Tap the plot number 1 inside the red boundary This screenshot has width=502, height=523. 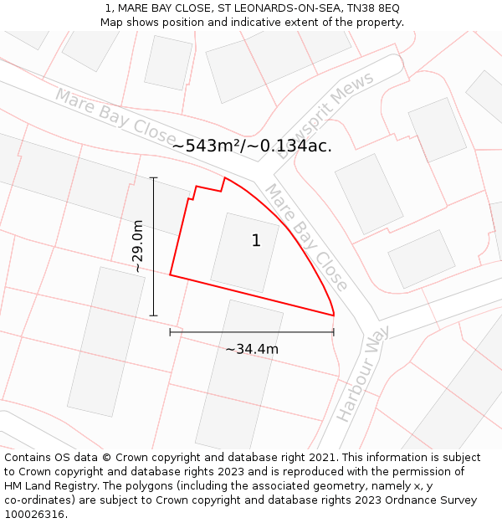pos(256,241)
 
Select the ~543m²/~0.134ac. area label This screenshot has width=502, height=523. pos(252,146)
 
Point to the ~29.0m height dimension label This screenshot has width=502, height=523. pos(138,246)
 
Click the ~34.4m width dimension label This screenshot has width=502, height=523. pos(252,349)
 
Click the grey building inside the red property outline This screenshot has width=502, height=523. pos(244,252)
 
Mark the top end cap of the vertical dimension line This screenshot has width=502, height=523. pos(153,177)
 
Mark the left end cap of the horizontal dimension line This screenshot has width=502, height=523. pos(171,332)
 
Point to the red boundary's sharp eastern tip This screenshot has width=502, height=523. pos(334,315)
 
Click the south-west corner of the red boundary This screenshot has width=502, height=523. pos(171,274)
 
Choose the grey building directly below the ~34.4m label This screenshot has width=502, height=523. pos(239,377)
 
